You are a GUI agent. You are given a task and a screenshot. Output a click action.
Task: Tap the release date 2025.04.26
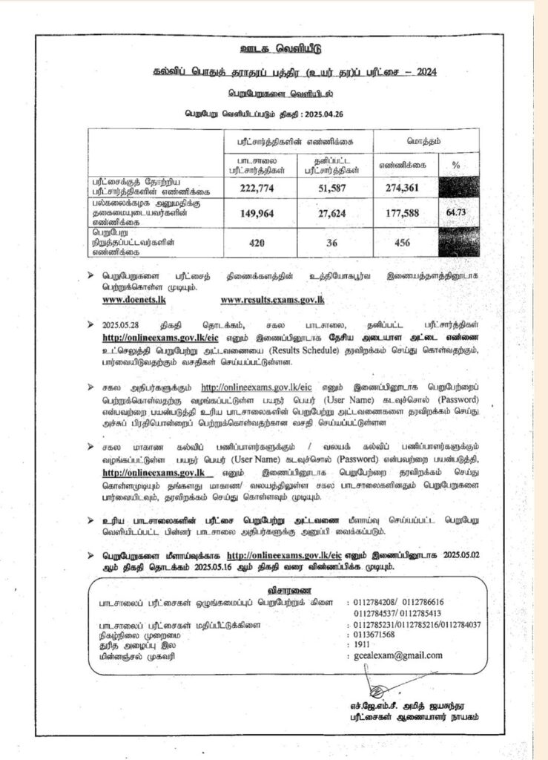coord(326,114)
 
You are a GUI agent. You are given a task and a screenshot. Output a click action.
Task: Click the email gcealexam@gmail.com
coord(398,655)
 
